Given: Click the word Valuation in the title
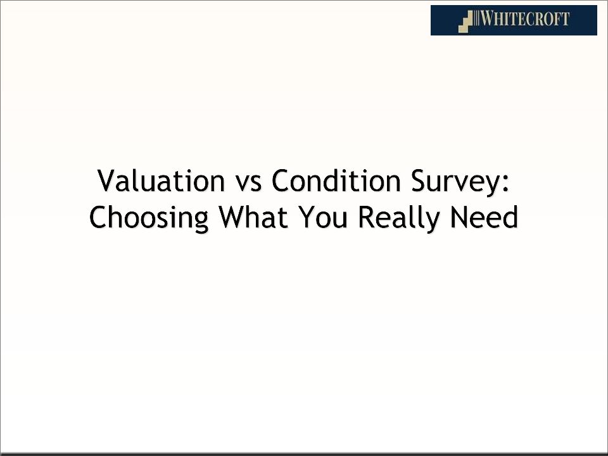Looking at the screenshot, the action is point(161,180).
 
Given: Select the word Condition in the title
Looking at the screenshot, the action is point(336,180).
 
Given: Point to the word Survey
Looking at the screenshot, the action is point(455,183).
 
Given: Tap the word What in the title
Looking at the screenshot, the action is point(253,217).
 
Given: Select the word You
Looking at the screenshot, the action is point(323,217).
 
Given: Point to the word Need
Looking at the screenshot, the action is point(484,217).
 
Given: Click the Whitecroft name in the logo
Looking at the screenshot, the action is point(525,18).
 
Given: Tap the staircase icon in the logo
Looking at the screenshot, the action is point(465,22).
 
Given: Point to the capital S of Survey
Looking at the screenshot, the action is point(419,180).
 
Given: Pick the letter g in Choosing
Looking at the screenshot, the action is point(201,222).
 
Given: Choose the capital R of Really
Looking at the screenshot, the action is point(366,217).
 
